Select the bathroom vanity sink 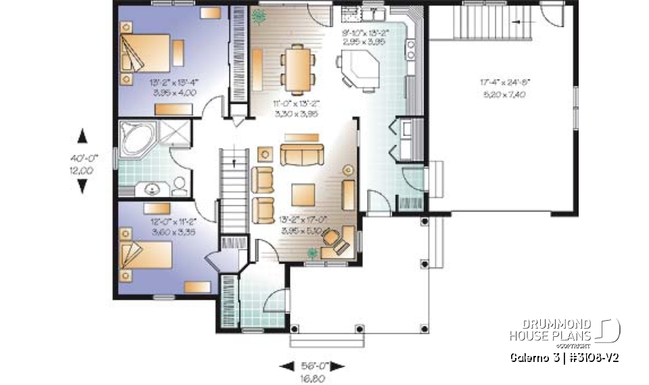(x=149, y=188)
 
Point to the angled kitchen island (x=361, y=70)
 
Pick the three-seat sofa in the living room (x=302, y=155)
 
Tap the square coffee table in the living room (x=303, y=195)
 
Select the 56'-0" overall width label (x=314, y=366)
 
